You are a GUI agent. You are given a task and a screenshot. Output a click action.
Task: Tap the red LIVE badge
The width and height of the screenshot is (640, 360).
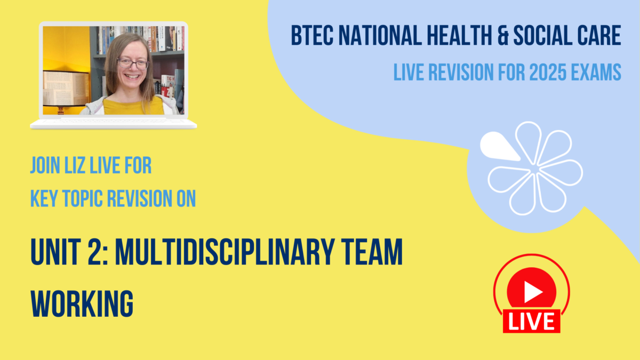pos(531,321)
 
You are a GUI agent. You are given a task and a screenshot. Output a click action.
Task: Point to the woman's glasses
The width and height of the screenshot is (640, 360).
pos(133,63)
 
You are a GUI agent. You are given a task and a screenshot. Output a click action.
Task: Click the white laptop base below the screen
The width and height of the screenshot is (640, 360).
pos(113,123)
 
